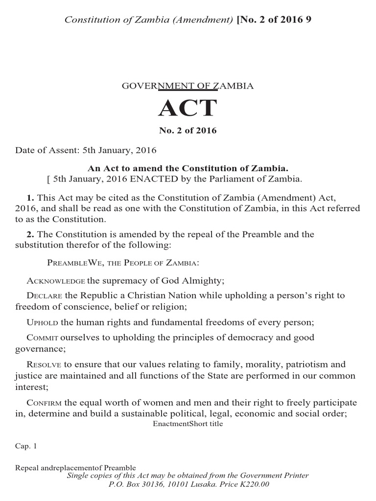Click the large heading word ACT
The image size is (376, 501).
click(x=187, y=108)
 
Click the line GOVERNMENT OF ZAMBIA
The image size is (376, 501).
click(x=187, y=86)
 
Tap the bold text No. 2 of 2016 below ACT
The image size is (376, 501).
click(x=188, y=131)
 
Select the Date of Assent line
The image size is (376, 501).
click(x=86, y=150)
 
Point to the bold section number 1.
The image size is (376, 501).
click(x=30, y=198)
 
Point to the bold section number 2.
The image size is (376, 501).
click(x=30, y=234)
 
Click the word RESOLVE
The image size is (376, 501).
click(x=44, y=364)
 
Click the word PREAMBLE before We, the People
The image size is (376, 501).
click(x=66, y=263)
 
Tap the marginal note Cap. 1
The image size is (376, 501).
click(x=26, y=446)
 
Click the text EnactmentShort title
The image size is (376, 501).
click(x=188, y=424)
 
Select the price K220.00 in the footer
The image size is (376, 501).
click(x=253, y=484)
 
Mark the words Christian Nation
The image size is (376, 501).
click(x=160, y=296)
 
